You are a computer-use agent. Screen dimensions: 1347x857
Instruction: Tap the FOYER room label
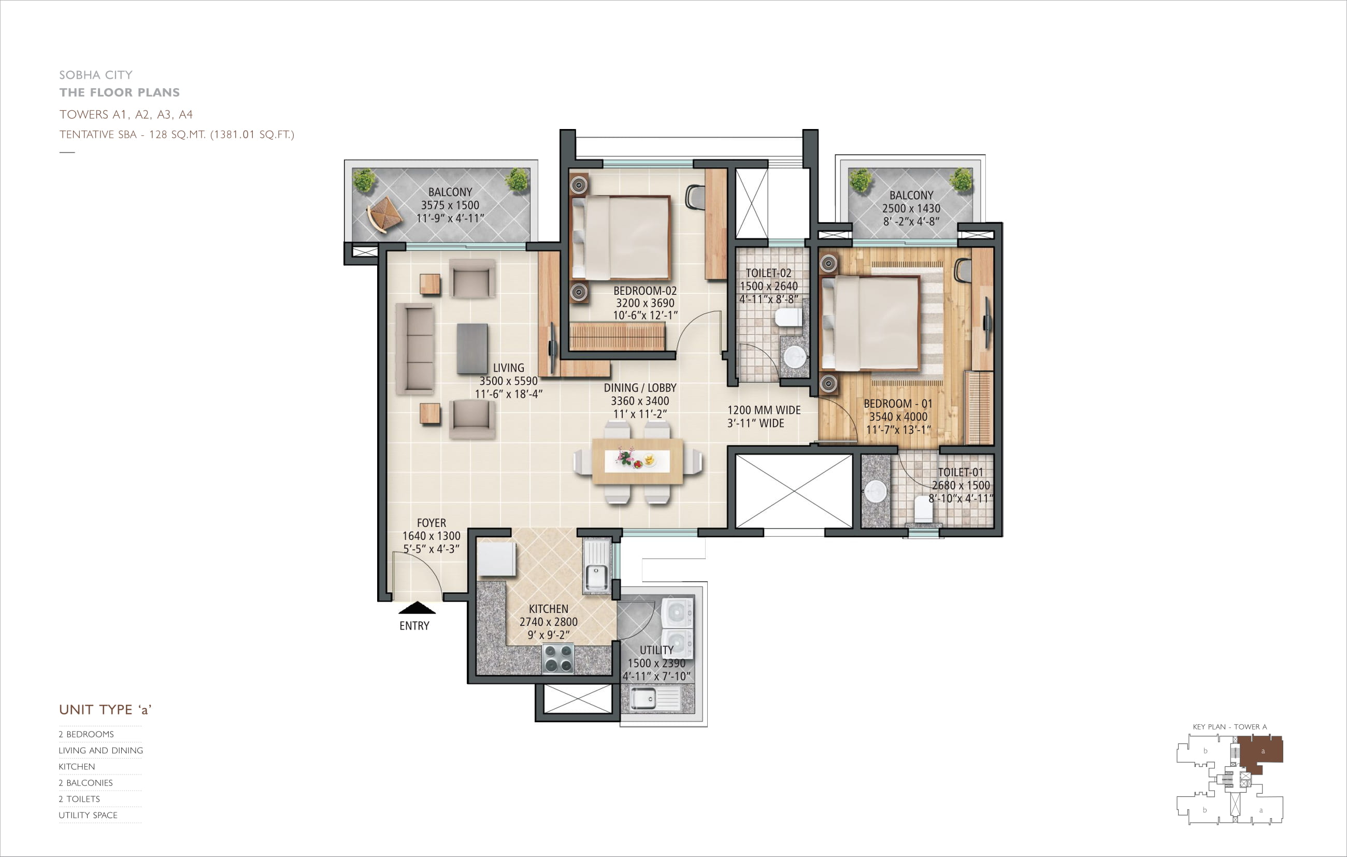[431, 522]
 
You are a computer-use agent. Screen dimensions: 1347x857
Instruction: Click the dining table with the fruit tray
[637, 461]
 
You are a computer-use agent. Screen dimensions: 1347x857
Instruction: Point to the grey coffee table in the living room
[472, 349]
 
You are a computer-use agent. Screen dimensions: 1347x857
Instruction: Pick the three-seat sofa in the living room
[415, 349]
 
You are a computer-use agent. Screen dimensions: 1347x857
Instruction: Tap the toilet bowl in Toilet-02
[788, 318]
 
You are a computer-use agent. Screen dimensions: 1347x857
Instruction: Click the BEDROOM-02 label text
[645, 290]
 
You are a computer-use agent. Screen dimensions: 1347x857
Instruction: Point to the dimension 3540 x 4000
[898, 416]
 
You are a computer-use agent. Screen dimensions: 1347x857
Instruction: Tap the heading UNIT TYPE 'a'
[105, 709]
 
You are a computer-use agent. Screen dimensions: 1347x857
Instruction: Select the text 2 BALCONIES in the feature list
[85, 782]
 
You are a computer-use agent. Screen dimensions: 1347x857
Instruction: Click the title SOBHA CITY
[96, 75]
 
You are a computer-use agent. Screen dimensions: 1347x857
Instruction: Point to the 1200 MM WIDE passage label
[764, 410]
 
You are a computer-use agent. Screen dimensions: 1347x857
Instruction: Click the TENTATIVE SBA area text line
[177, 134]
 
